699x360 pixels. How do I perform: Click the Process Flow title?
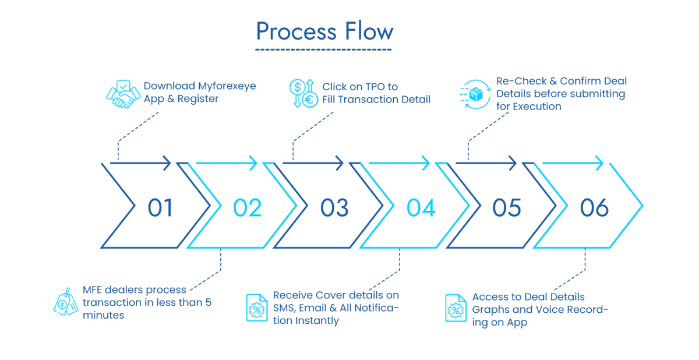324,31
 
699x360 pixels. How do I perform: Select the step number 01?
160,208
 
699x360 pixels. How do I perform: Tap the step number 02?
248,208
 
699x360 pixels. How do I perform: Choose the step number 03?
334,208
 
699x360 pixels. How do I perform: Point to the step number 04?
421,208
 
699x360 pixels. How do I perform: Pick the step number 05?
507,208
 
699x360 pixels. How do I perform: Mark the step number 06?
594,208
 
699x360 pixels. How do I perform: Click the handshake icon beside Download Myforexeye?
123,93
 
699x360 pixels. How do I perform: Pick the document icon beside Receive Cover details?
256,308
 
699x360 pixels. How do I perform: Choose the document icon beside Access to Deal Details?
455,309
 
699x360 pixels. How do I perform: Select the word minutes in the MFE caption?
103,315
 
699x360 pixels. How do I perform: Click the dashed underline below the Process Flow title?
323,50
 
